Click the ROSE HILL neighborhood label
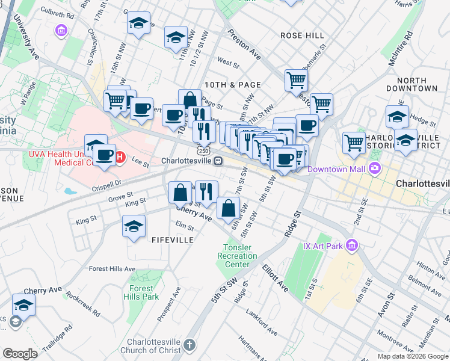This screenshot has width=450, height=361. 302,35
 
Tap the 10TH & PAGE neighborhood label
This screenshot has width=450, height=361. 232,85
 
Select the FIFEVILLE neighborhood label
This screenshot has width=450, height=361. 174,239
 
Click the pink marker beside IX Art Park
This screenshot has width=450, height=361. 353,245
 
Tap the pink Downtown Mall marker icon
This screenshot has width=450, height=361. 376,168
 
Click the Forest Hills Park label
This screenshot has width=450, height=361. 142,292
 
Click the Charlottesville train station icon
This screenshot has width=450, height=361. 218,161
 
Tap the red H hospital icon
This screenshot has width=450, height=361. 119,158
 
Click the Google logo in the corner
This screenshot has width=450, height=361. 20,354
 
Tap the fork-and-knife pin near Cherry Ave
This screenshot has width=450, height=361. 206,191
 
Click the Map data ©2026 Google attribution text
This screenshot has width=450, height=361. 413,356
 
